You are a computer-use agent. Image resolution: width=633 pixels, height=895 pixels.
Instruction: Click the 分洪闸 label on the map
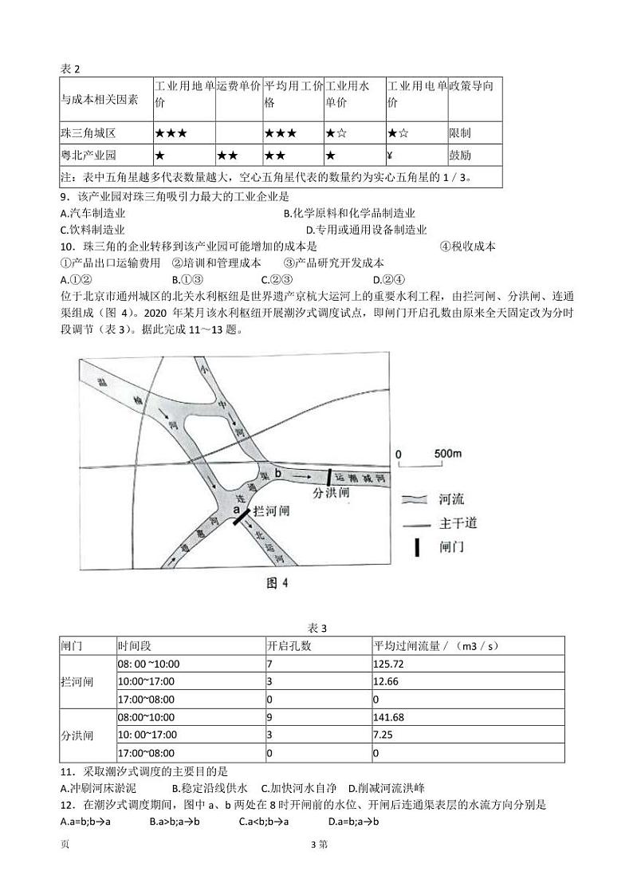pyautogui.click(x=331, y=493)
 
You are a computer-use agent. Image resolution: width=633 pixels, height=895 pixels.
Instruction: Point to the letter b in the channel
pyautogui.click(x=278, y=473)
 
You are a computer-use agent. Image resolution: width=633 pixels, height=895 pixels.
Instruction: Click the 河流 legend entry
pyautogui.click(x=451, y=499)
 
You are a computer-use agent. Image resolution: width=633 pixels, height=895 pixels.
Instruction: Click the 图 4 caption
pyautogui.click(x=276, y=583)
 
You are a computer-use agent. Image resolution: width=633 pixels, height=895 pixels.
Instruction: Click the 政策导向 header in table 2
pyautogui.click(x=475, y=85)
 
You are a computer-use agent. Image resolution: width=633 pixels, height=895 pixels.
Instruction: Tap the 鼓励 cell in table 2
pyautogui.click(x=460, y=154)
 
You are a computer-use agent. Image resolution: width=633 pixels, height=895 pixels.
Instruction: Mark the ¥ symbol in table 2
pyautogui.click(x=391, y=154)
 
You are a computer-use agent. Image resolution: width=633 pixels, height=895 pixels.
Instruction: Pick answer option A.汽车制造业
pyautogui.click(x=92, y=213)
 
